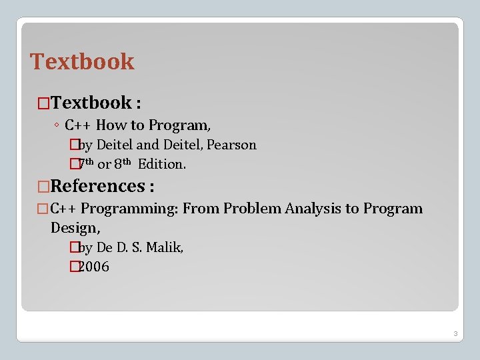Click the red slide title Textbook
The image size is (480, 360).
[x=82, y=61]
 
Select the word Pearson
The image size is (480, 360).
[x=232, y=145]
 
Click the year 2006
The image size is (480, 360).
[x=94, y=267]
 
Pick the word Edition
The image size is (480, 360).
[x=161, y=164]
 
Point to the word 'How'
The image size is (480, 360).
[x=111, y=125]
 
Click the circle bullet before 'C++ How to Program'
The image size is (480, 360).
[x=58, y=125]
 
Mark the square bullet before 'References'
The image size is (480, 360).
[x=44, y=187]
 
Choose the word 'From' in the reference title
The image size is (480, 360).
[x=201, y=209]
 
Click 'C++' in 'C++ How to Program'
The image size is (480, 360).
[x=78, y=125]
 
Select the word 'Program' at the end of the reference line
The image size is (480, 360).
[x=393, y=209]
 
